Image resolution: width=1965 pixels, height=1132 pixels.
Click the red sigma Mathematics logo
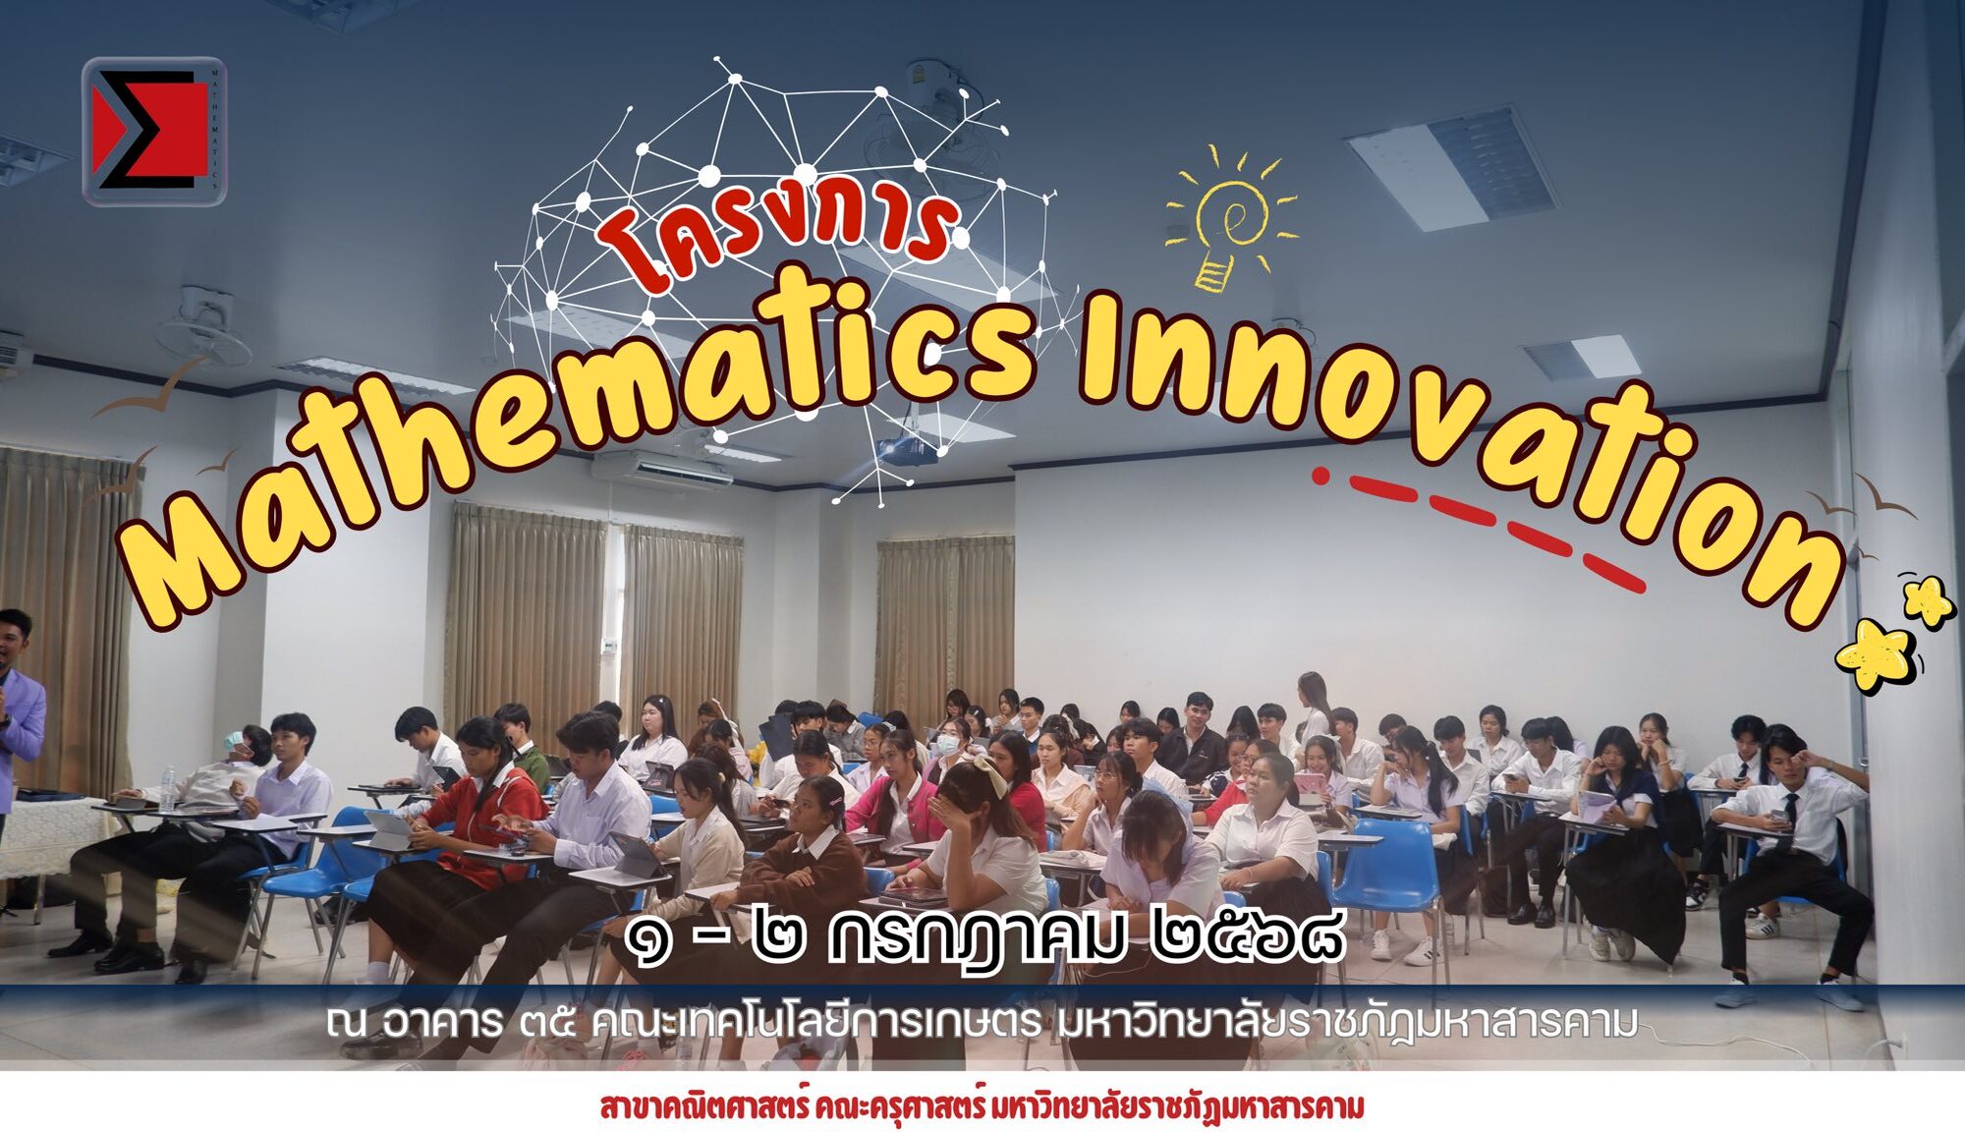pos(154,131)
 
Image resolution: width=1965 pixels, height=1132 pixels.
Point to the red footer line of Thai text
pos(982,1106)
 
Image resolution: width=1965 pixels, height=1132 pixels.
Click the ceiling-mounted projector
pos(909,447)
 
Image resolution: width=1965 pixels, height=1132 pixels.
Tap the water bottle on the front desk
pos(168,788)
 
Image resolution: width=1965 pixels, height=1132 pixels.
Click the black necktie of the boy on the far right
pos(1791,811)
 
